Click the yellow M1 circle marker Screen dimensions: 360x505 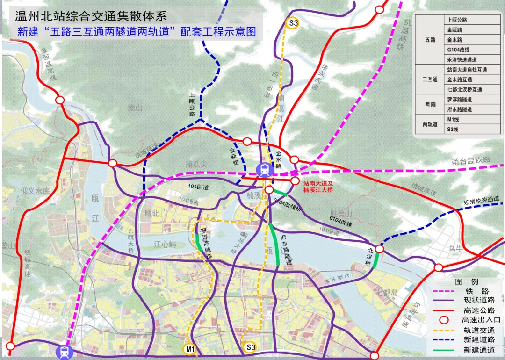pyautogui.click(x=189, y=348)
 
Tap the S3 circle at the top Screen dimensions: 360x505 pyautogui.click(x=293, y=22)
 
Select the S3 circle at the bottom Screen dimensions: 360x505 pyautogui.click(x=251, y=347)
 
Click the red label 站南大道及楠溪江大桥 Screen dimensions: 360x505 pyautogui.click(x=321, y=187)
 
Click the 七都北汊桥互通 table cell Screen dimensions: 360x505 pyautogui.click(x=464, y=89)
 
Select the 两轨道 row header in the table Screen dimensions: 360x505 pyautogui.click(x=430, y=124)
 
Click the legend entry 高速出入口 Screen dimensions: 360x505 pyautogui.click(x=481, y=320)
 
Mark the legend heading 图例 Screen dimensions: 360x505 pyautogui.click(x=466, y=282)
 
